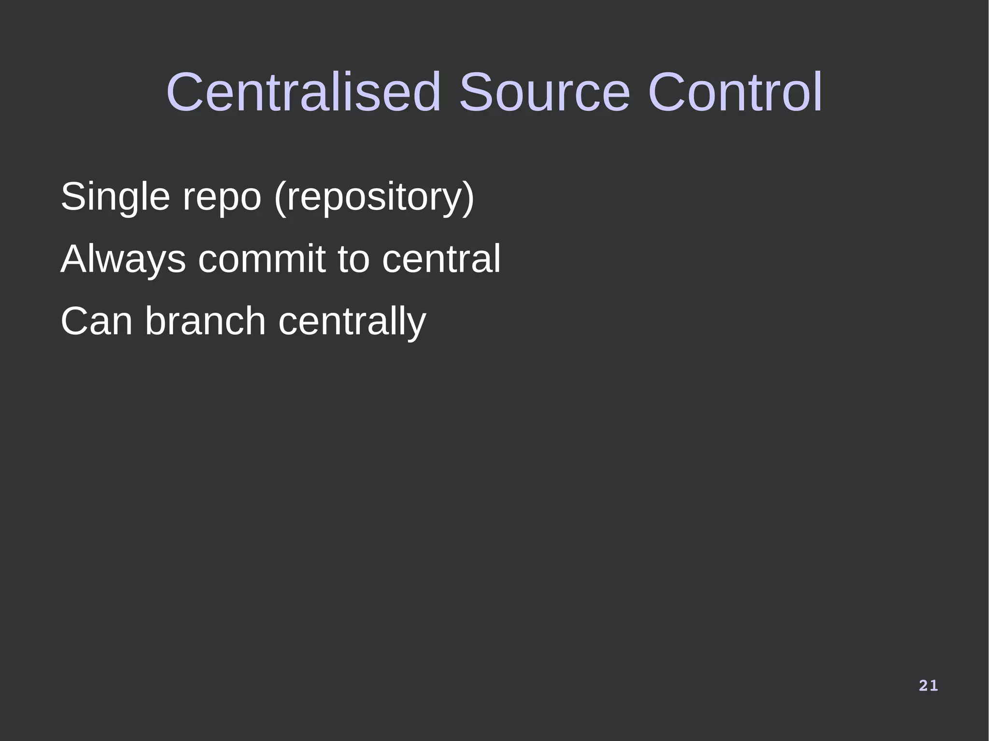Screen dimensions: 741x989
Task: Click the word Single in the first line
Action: click(x=115, y=197)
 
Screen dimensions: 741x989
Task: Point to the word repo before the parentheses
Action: click(x=222, y=197)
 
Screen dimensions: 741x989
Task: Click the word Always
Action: click(x=123, y=259)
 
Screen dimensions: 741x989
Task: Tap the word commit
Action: click(x=262, y=259)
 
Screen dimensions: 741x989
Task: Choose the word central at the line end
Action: click(x=441, y=259)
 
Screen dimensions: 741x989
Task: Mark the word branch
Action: click(x=205, y=322)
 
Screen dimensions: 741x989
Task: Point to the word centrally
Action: click(x=352, y=322)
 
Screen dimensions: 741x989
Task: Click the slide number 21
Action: click(x=928, y=685)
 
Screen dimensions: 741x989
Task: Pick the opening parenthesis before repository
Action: click(x=279, y=197)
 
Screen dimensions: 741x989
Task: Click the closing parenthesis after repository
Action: click(x=469, y=197)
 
